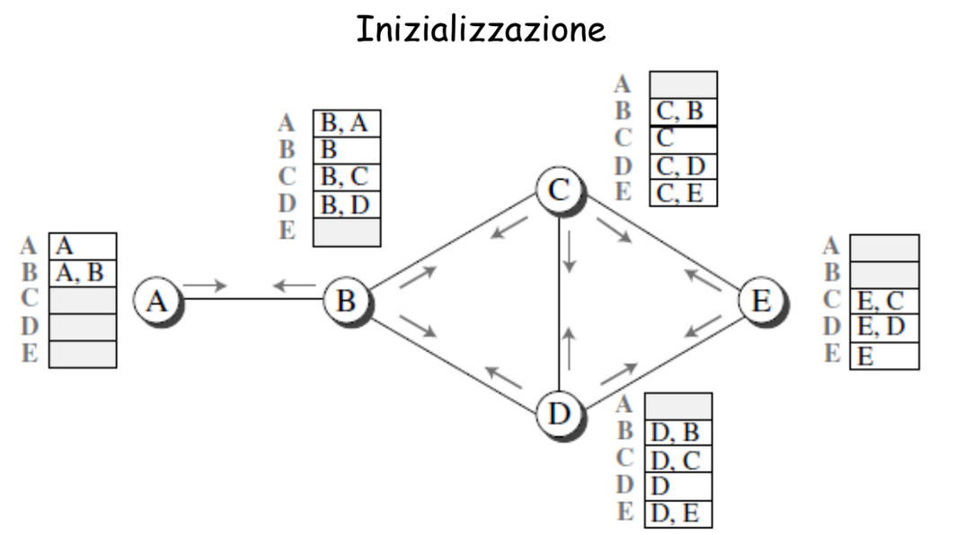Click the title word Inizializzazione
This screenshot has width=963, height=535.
481,29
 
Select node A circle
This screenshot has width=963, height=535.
157,301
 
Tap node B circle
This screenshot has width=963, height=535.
347,301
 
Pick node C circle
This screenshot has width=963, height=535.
560,189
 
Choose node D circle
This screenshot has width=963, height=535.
560,414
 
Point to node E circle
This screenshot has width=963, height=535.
762,301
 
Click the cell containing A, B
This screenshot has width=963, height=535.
83,273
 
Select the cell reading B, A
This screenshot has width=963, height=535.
347,123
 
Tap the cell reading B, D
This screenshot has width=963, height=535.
347,205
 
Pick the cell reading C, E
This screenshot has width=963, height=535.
683,193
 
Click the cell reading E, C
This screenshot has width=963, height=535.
884,302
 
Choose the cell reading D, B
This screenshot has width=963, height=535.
678,434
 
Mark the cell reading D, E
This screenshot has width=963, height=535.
678,514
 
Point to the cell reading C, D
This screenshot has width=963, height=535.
683,166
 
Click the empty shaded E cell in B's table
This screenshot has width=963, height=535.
347,232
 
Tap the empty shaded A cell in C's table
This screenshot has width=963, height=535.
683,84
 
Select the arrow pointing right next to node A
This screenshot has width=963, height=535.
205,285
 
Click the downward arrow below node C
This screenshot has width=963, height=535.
570,251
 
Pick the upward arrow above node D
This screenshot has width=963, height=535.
570,348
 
